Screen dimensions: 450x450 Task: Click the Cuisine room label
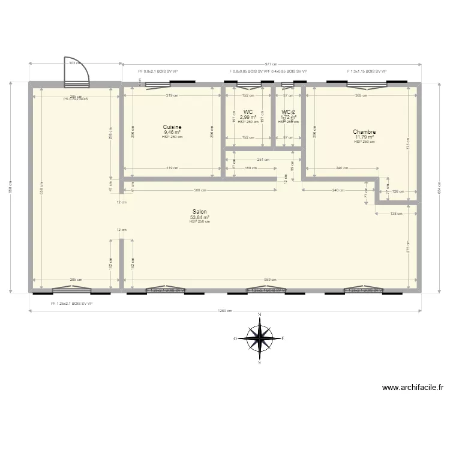tap(172, 127)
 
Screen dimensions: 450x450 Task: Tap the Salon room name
tap(200, 212)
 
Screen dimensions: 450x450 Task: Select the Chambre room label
tap(364, 132)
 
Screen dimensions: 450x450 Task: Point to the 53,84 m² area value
tap(200, 217)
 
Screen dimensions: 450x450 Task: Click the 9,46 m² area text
tap(172, 133)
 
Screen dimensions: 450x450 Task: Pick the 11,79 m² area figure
tap(364, 137)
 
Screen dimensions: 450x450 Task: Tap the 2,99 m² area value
tap(248, 117)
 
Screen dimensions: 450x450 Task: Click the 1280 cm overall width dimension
tap(226, 311)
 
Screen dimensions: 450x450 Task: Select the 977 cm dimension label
tap(271, 64)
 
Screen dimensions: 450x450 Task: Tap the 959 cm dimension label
tap(269, 280)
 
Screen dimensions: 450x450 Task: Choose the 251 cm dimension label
tap(263, 160)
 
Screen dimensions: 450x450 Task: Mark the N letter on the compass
tap(260, 314)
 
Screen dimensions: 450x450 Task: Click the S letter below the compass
tap(260, 362)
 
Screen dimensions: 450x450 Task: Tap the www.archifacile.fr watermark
tap(412, 388)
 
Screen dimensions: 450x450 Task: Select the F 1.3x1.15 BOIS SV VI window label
tap(367, 71)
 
